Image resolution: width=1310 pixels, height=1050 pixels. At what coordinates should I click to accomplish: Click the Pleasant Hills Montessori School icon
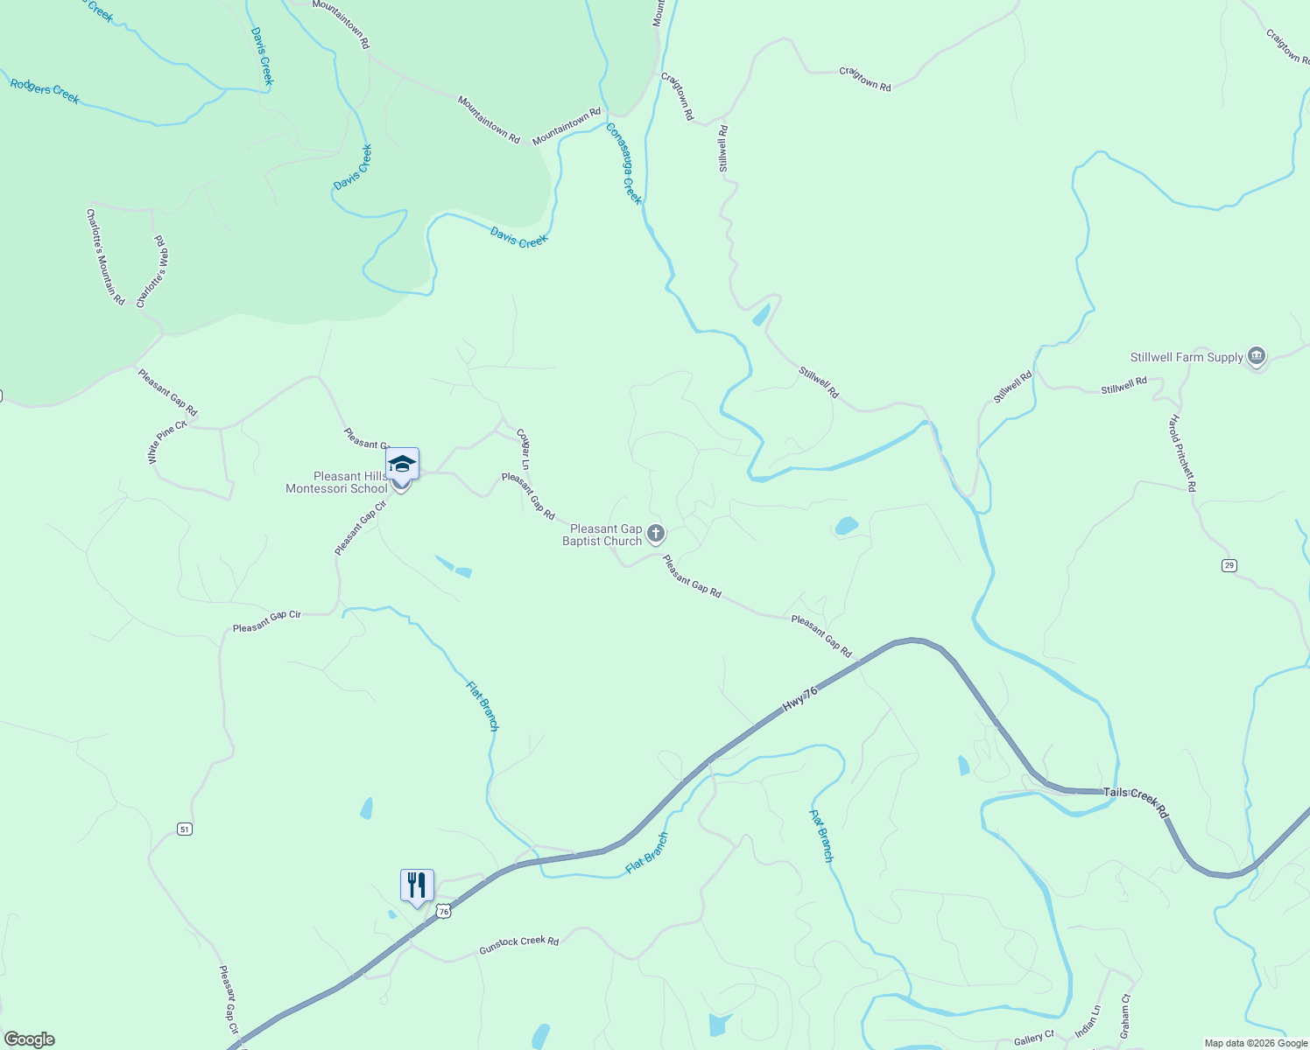[x=402, y=464]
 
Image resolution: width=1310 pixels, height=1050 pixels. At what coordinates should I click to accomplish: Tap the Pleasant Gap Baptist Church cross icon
[x=656, y=534]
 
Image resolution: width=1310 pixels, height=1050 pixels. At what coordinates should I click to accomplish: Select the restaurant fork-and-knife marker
[x=417, y=885]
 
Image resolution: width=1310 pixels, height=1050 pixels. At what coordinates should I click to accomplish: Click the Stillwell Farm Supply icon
[x=1257, y=356]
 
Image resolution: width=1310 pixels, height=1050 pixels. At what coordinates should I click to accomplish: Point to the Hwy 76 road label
[x=800, y=697]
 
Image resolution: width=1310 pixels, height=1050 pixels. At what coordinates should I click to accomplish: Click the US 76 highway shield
[x=444, y=912]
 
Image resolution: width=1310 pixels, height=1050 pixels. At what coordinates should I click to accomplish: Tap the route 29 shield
[x=1229, y=566]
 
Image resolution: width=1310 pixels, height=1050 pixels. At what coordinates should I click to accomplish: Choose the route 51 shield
[x=184, y=829]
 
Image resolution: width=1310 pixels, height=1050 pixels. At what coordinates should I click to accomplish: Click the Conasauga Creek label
[x=624, y=164]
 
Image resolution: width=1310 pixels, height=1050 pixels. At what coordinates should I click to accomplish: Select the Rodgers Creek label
[x=45, y=91]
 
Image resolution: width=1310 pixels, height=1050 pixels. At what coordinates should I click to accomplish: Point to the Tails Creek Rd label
[x=1136, y=801]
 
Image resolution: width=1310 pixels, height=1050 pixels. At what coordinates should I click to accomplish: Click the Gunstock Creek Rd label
[x=518, y=945]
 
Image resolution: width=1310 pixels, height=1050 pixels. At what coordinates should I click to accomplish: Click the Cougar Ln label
[x=524, y=449]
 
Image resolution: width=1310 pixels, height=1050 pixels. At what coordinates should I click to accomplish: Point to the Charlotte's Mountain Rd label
[x=105, y=256]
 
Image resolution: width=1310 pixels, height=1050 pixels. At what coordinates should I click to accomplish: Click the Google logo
[x=30, y=1039]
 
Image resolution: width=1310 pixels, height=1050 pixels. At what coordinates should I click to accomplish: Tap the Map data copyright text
[x=1256, y=1043]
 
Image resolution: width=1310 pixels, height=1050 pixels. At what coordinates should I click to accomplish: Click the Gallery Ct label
[x=1033, y=1038]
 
